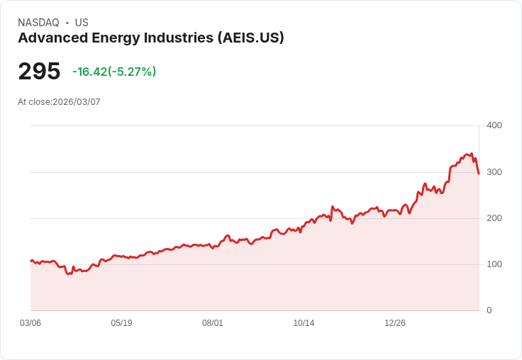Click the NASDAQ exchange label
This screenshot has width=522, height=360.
(38, 23)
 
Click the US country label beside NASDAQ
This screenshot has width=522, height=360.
(82, 23)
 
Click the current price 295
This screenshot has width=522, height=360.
(39, 72)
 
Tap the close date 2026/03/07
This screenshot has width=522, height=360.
(77, 102)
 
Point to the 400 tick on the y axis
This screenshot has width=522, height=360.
(494, 125)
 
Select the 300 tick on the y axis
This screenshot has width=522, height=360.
(494, 172)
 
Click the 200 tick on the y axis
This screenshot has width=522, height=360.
(494, 218)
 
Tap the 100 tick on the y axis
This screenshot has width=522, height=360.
(494, 264)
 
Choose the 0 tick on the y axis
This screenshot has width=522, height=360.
(489, 310)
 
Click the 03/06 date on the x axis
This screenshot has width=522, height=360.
(30, 323)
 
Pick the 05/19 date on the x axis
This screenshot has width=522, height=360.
(121, 323)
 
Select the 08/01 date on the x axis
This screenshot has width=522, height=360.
(213, 323)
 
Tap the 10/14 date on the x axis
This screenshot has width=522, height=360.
(304, 323)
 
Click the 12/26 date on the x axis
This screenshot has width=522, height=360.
(395, 323)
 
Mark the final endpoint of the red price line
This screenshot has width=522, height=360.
(479, 174)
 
